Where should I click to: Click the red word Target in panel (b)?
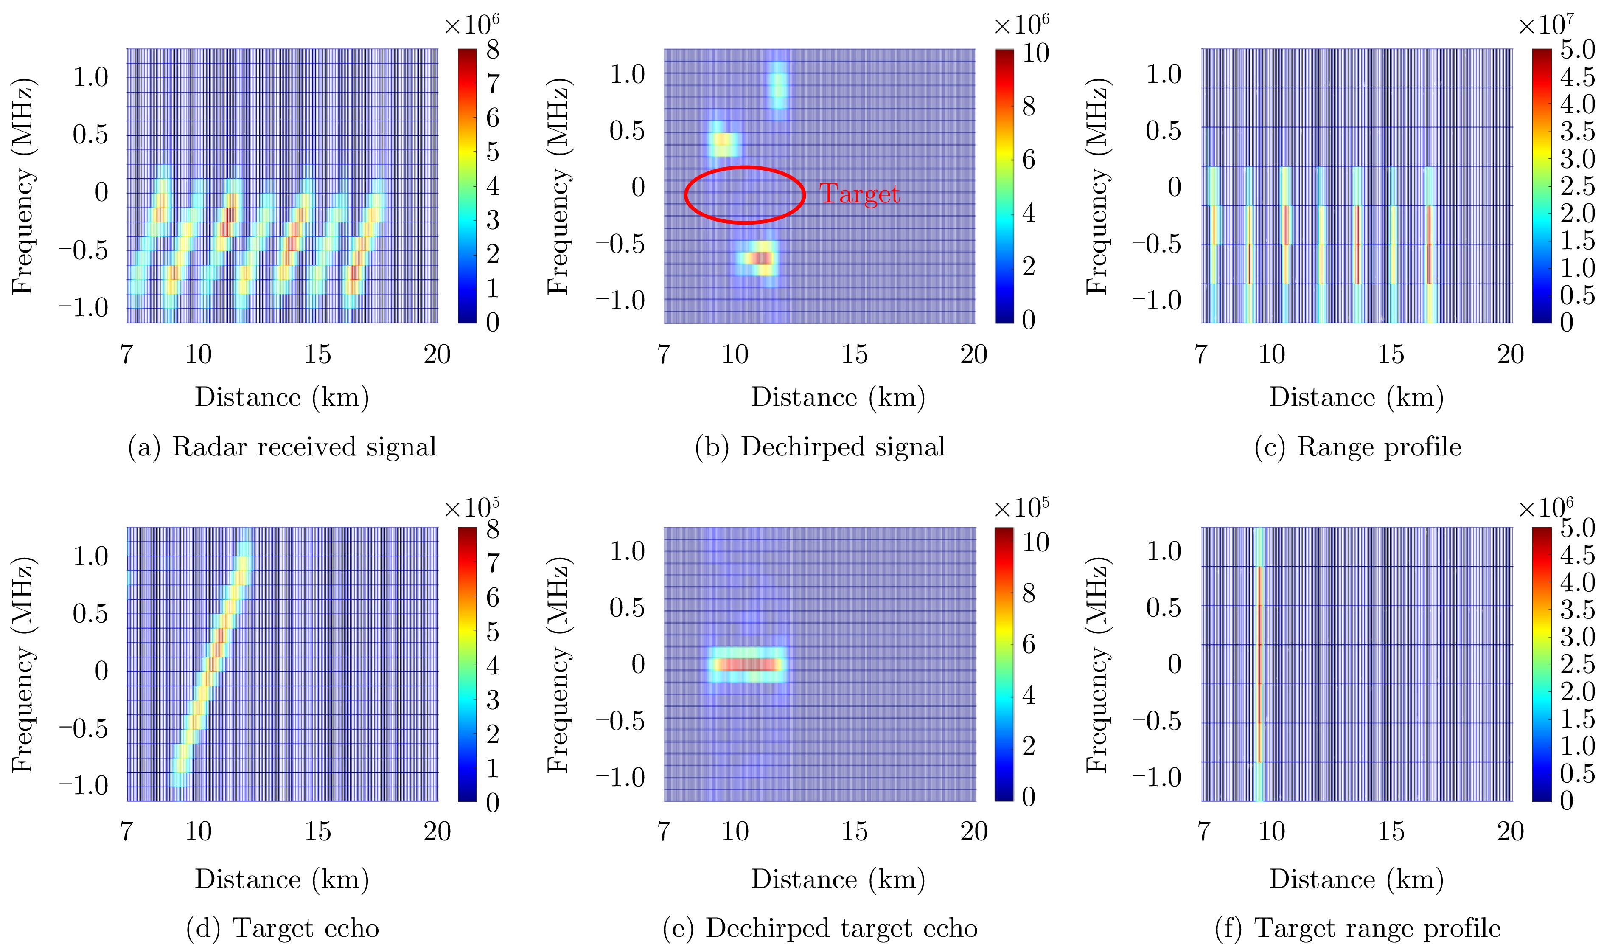coord(859,194)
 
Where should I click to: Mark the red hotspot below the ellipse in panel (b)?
coord(760,258)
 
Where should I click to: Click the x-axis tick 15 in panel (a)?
coord(317,354)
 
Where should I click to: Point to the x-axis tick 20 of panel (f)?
coord(1511,832)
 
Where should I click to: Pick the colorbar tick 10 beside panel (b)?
coord(1035,53)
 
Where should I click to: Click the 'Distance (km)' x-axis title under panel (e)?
coord(838,879)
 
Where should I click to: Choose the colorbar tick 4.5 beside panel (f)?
coord(1577,554)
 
